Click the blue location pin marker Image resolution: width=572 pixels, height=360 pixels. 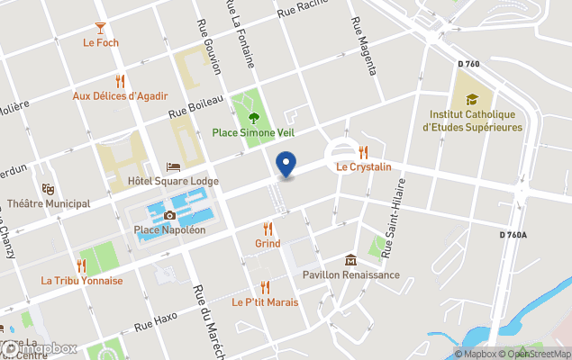(x=286, y=165)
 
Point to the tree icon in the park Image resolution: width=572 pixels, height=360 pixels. (x=253, y=117)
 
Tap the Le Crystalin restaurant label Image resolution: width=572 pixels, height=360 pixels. (x=364, y=167)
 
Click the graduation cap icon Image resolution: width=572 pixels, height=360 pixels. (x=472, y=100)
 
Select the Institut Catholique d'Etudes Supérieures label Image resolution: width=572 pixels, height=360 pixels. (x=472, y=121)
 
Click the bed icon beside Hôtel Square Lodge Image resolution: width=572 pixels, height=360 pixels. (x=174, y=166)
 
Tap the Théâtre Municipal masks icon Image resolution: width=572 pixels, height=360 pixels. (x=48, y=189)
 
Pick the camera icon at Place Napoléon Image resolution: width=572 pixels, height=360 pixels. (x=169, y=215)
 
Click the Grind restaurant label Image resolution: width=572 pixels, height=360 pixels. (x=268, y=243)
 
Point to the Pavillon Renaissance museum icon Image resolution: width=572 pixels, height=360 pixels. (x=350, y=259)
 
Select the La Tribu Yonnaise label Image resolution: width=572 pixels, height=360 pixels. (x=82, y=280)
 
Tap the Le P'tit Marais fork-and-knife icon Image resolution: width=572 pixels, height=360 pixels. (x=265, y=287)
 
